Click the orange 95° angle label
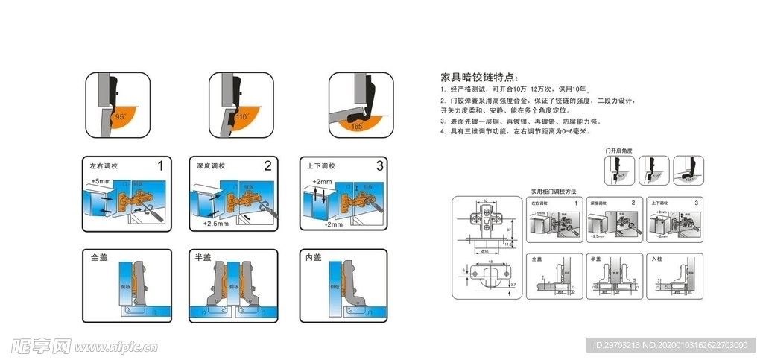pos(119,117)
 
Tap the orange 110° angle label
pos(241,117)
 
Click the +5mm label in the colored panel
pos(101,181)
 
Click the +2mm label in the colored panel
pos(322,182)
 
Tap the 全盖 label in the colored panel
pos(99,258)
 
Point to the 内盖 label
pos(314,258)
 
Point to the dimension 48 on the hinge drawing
pos(489,262)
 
